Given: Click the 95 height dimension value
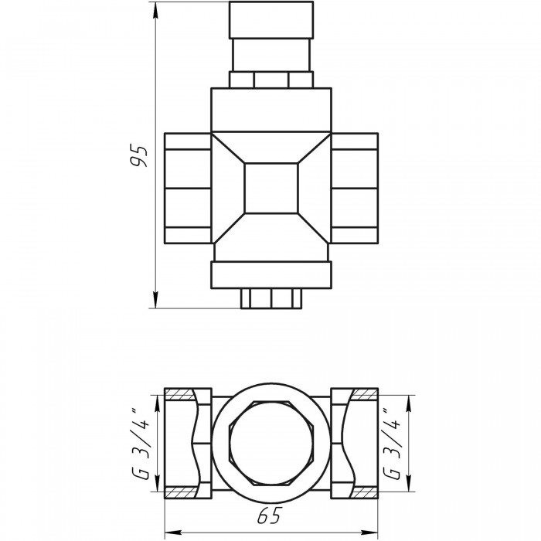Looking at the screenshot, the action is pos(139,156).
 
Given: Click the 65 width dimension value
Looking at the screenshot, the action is pos(270,515).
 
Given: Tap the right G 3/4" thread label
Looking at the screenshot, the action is pos(393,444).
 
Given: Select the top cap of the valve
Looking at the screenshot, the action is pos(271,19).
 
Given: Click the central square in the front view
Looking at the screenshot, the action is pos(271,189).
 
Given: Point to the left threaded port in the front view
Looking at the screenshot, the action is pos(188,189).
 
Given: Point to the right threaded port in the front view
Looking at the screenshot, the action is pos(354,189).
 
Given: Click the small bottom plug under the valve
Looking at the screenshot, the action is pos(271,298).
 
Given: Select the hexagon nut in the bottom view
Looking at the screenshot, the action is pos(271,444).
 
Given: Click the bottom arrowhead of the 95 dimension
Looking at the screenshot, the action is pos(155,300).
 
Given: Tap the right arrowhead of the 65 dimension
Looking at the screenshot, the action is pos(369,532).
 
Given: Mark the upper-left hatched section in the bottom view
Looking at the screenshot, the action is pos(180,394).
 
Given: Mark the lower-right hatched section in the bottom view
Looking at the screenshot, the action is pos(364,493).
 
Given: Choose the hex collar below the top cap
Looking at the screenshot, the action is pos(271,80).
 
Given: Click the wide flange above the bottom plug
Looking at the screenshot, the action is pos(271,275).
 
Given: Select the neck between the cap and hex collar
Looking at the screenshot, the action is pos(271,55).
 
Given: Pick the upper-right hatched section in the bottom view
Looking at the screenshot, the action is pos(364,394).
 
